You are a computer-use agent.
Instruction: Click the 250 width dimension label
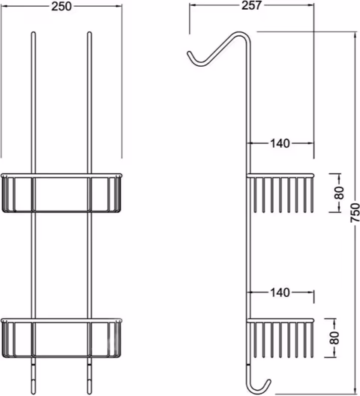pyautogui.click(x=61, y=6)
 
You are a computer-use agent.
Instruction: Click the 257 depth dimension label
pyautogui.click(x=251, y=5)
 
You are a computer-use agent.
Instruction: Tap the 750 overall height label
pyautogui.click(x=355, y=213)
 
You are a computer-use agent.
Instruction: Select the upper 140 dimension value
pyautogui.click(x=280, y=143)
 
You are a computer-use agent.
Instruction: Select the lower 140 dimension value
pyautogui.click(x=280, y=292)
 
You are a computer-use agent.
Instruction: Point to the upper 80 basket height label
pyautogui.click(x=340, y=193)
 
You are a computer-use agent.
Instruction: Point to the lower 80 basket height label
pyautogui.click(x=334, y=338)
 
